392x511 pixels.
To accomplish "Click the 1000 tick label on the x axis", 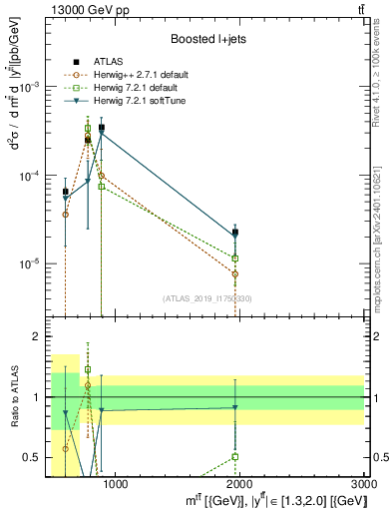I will point(115,486).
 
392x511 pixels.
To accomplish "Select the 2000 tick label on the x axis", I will point(239,486).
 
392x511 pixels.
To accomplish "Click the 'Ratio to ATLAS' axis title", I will point(13,397).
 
